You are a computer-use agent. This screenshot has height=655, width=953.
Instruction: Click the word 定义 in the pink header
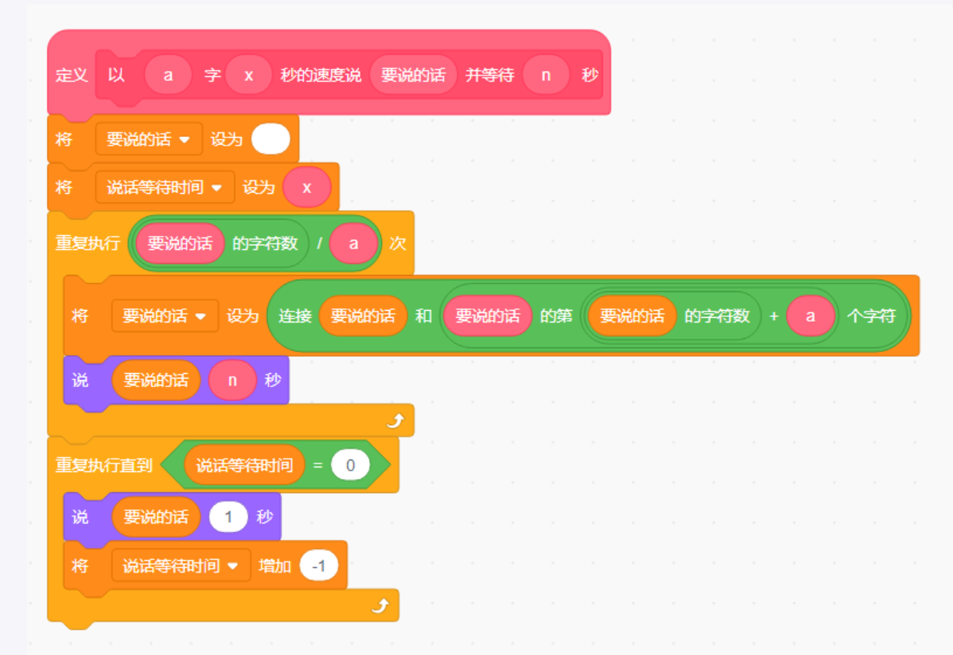(72, 76)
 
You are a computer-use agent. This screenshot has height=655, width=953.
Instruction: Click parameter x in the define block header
(248, 76)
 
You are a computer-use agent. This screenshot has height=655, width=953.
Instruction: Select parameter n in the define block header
(546, 76)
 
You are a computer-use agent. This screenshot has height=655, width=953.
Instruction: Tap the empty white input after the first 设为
(271, 139)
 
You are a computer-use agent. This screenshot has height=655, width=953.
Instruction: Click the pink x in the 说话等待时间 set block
(307, 188)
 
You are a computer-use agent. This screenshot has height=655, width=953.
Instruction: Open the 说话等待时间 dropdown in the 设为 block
(217, 188)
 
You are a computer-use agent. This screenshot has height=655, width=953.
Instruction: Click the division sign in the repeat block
(318, 243)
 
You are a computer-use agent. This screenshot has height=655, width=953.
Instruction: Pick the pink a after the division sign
(353, 243)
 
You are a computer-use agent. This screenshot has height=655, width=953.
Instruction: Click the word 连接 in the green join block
(295, 315)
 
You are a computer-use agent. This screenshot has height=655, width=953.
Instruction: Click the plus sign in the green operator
(773, 315)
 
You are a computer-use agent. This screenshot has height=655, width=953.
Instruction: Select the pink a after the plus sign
(810, 315)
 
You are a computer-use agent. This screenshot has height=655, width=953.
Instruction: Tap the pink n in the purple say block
(232, 380)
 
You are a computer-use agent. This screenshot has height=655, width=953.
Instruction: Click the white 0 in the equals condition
(350, 465)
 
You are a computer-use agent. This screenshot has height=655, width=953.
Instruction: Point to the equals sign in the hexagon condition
(318, 465)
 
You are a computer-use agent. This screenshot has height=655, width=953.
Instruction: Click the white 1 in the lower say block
(228, 517)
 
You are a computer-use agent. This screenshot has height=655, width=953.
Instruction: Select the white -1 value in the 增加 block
(318, 566)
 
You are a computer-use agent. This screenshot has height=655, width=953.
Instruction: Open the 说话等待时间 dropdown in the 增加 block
(233, 566)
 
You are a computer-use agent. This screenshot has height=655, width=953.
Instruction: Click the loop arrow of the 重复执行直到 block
(379, 606)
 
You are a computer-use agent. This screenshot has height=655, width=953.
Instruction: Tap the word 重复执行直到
(104, 465)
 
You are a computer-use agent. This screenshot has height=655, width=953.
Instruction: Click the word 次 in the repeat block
(398, 243)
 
